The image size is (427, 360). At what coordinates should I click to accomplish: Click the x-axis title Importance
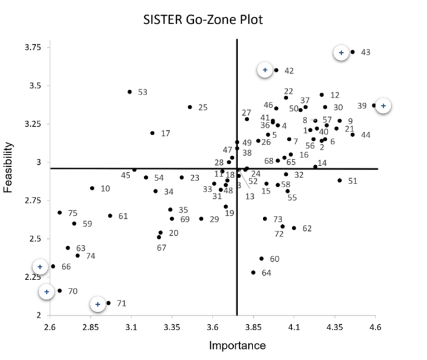pyautogui.click(x=237, y=346)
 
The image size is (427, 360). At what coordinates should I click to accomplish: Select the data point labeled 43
pyautogui.click(x=353, y=52)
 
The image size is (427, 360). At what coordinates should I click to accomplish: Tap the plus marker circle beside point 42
pyautogui.click(x=265, y=70)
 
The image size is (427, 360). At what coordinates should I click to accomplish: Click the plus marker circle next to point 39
pyautogui.click(x=383, y=106)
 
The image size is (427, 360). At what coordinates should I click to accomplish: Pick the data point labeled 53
pyautogui.click(x=130, y=92)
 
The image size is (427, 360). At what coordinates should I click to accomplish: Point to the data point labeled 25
pyautogui.click(x=190, y=107)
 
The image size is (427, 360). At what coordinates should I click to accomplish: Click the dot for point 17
pyautogui.click(x=152, y=133)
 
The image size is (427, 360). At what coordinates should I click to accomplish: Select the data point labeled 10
pyautogui.click(x=92, y=188)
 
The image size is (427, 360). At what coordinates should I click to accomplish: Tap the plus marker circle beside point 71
pyautogui.click(x=98, y=304)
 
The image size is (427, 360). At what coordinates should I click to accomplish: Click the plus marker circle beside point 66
pyautogui.click(x=40, y=267)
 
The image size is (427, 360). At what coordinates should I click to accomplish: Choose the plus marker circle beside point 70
pyautogui.click(x=47, y=292)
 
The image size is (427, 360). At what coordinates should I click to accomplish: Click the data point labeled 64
pyautogui.click(x=253, y=273)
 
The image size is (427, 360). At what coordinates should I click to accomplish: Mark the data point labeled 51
pyautogui.click(x=340, y=181)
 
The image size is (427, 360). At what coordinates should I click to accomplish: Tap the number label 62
pyautogui.click(x=306, y=228)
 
